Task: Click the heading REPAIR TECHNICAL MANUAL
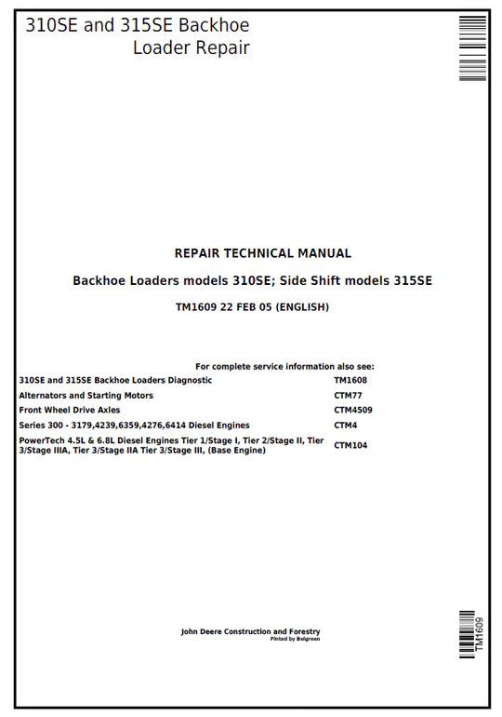tap(263, 253)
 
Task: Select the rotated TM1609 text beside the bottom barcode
tap(481, 634)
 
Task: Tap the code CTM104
tap(350, 445)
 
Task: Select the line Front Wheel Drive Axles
tap(70, 410)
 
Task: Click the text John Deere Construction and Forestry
tap(250, 632)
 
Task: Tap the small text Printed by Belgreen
tap(295, 640)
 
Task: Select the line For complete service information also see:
tap(284, 367)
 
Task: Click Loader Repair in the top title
tap(191, 48)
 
